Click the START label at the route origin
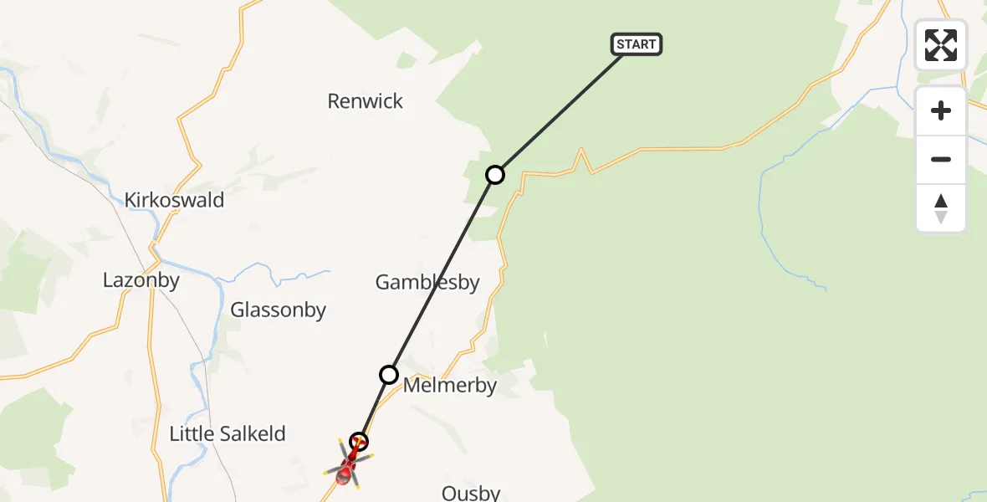[x=637, y=44]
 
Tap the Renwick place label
[x=365, y=101]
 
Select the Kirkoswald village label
[x=174, y=200]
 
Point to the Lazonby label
[x=141, y=280]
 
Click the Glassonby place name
[x=278, y=310]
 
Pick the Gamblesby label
[x=427, y=283]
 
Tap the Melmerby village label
[x=449, y=386]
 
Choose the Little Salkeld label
[x=227, y=434]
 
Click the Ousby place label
[x=471, y=493]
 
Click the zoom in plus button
[x=941, y=110]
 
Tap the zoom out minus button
[x=941, y=159]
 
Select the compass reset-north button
[x=941, y=207]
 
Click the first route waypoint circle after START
[x=495, y=174]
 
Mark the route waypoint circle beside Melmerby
[x=389, y=374]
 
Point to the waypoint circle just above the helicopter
[x=359, y=441]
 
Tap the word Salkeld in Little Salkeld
[x=252, y=434]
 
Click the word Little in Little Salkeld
[x=190, y=434]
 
